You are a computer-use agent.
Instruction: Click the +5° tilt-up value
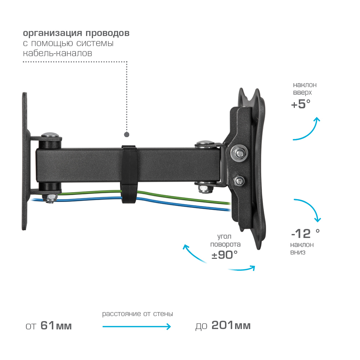click(301, 104)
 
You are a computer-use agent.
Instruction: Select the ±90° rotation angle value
click(225, 255)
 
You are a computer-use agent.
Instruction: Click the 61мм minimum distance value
click(56, 326)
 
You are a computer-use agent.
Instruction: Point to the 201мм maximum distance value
click(231, 326)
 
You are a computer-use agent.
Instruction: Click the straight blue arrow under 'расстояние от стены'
click(136, 327)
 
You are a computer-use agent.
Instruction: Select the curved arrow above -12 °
click(310, 208)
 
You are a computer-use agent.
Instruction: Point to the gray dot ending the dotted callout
click(127, 135)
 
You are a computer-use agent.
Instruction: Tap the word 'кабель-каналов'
click(58, 54)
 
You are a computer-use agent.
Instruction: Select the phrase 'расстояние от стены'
click(138, 314)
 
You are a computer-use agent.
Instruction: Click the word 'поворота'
click(225, 244)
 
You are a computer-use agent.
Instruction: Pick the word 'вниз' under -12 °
click(298, 252)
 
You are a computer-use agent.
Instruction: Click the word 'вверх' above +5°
click(302, 93)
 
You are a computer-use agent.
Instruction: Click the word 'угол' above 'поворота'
click(224, 237)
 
